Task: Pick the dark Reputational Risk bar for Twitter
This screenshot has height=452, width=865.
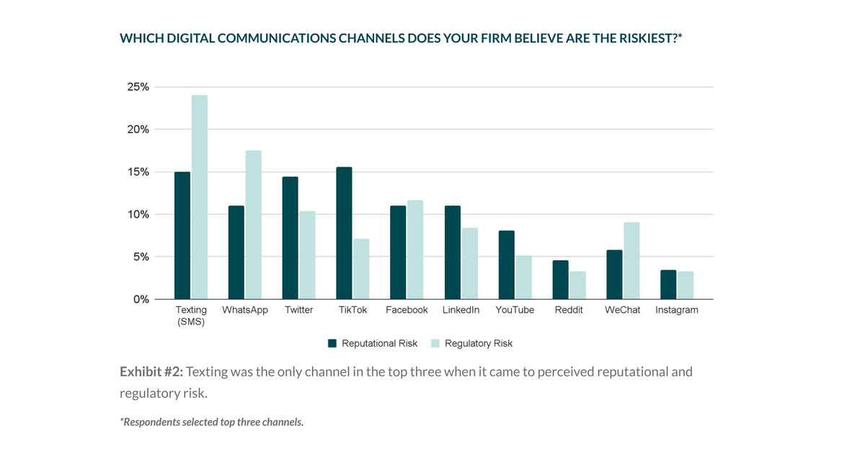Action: coord(290,238)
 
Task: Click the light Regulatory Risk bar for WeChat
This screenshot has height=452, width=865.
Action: coord(631,260)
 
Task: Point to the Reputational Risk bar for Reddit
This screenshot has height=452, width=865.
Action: coord(560,280)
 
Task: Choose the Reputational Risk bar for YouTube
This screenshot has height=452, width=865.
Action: coord(506,265)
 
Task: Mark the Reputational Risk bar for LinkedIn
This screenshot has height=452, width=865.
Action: coord(452,252)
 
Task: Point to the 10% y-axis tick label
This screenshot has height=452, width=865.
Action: coord(138,214)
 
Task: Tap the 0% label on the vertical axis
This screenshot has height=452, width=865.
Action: coord(141,299)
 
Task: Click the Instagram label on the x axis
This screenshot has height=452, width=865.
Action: coord(676,310)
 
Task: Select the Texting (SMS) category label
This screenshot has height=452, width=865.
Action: coord(191,316)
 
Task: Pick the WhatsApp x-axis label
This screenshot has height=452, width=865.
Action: coord(245,310)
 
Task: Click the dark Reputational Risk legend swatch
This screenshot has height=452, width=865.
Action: coord(332,343)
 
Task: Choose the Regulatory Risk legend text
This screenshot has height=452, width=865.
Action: coord(478,343)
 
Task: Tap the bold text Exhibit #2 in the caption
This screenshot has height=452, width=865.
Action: coord(151,372)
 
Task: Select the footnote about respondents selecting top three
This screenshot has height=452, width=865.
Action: coord(211,422)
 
